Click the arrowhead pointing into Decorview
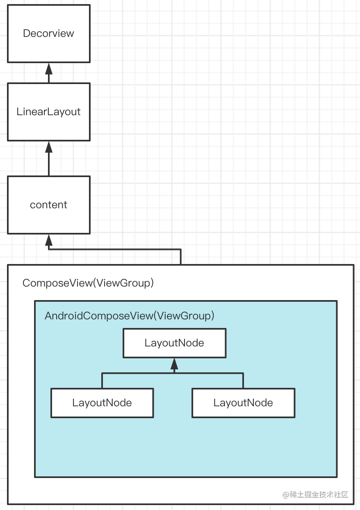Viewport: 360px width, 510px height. pos(48,68)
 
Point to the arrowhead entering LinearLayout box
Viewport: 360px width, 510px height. pos(48,146)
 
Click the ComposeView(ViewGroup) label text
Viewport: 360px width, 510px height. pos(88,283)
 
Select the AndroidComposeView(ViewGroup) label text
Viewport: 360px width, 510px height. pos(130,316)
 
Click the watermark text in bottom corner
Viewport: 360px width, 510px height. pos(315,494)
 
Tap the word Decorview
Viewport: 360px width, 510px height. pos(48,34)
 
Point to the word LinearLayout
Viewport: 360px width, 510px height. pos(48,112)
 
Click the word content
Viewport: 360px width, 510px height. pos(48,205)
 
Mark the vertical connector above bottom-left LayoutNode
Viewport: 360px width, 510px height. pos(102,380)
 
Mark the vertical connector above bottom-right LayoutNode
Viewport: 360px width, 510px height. pos(243,380)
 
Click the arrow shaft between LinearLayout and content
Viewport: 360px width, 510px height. pos(48,164)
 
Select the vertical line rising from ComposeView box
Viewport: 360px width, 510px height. pos(180,257)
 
